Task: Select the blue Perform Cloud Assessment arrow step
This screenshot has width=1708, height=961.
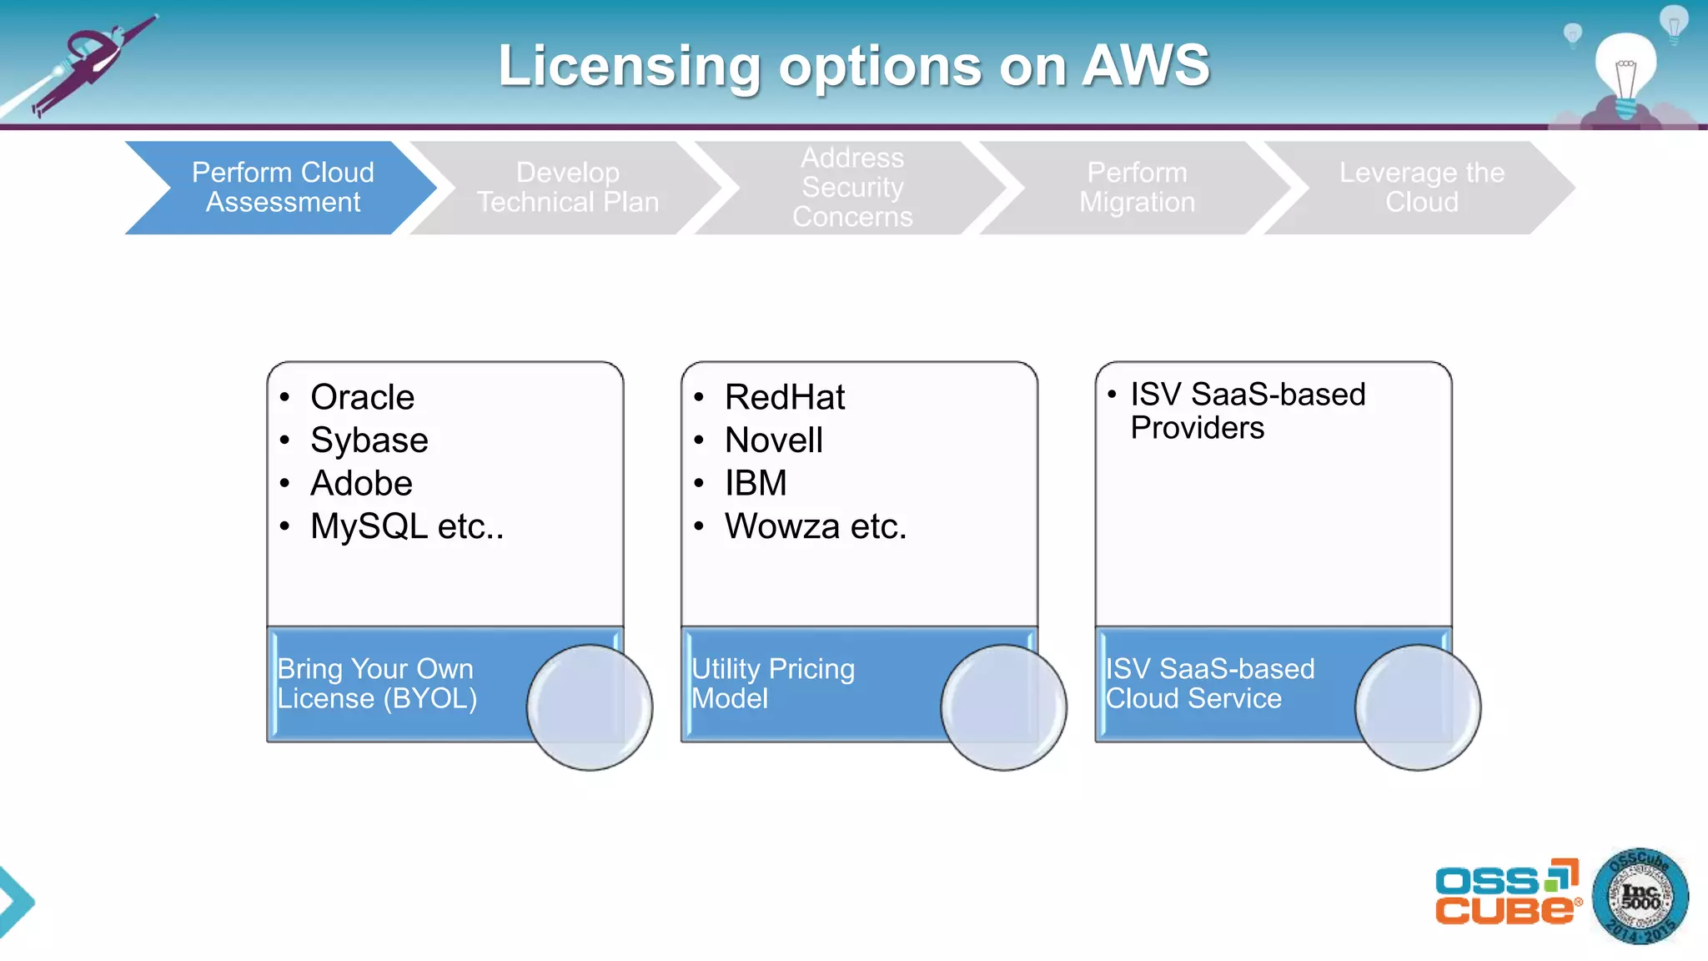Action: [283, 188]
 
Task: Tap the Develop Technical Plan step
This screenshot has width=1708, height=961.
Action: [567, 188]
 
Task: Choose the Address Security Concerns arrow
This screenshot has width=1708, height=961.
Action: [851, 188]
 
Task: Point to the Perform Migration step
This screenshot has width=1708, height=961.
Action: [1137, 188]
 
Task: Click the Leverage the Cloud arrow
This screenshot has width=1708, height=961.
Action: [1421, 188]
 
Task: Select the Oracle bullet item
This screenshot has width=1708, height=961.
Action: [362, 397]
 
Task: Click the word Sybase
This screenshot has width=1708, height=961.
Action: [369, 440]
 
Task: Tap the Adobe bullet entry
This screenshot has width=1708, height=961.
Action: [361, 484]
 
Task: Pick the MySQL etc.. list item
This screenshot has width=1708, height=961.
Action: [406, 526]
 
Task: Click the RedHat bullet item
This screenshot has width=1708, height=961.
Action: [784, 397]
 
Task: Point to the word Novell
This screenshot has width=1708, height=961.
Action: [773, 440]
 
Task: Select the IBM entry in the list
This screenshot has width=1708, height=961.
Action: [756, 483]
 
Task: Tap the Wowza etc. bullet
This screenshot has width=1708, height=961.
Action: [815, 526]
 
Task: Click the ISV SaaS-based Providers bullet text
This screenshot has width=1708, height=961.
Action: [1247, 410]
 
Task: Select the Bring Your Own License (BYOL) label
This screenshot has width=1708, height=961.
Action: [376, 683]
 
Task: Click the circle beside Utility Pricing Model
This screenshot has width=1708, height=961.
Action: [1003, 707]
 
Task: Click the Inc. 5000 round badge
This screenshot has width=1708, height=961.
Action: [1640, 897]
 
